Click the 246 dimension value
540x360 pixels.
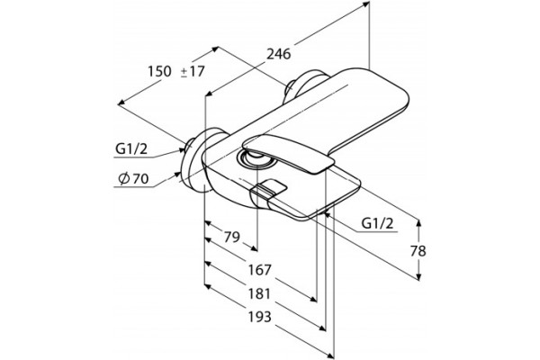coord(279,54)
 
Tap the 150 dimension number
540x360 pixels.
coord(159,71)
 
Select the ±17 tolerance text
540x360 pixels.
coord(193,71)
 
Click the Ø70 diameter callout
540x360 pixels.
coord(133,178)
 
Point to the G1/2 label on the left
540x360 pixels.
coord(131,149)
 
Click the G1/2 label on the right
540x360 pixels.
coord(377,223)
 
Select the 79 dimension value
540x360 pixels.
coord(232,237)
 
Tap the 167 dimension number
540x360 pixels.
coord(260,270)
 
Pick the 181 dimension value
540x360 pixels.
coord(260,294)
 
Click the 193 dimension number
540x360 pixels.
coord(260,317)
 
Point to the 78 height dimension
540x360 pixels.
coord(418,251)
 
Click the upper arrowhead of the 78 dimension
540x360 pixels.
coord(418,222)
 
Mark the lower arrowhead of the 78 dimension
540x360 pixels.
coord(418,276)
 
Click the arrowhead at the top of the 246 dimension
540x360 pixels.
coord(366,4)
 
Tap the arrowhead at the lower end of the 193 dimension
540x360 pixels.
coord(331,355)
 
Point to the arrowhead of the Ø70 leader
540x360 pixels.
coord(178,174)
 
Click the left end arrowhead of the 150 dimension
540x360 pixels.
coord(121,103)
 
